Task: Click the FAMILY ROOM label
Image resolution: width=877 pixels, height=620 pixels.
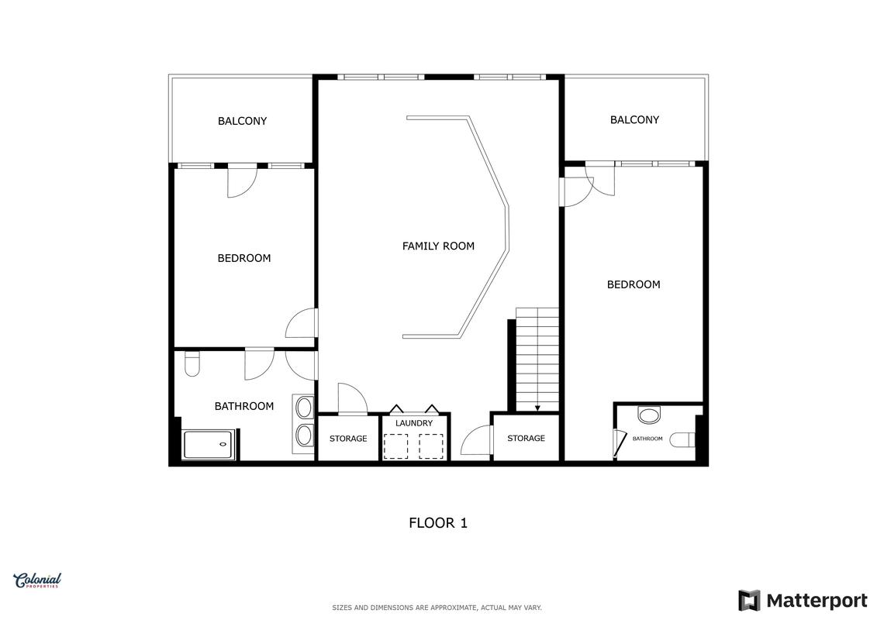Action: (x=438, y=246)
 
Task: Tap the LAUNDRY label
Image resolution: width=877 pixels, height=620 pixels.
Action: (x=414, y=423)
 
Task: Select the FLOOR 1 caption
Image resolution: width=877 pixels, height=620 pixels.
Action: (x=438, y=522)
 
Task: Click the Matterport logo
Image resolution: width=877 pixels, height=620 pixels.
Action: (x=803, y=601)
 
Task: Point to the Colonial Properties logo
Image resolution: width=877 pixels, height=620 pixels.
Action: (x=37, y=580)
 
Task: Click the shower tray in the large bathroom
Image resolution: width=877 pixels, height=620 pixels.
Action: (x=209, y=444)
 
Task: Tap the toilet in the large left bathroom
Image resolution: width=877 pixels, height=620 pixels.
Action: (x=192, y=363)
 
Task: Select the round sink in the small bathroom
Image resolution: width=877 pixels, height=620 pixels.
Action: (x=649, y=415)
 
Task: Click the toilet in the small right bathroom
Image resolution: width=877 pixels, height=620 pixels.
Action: (x=682, y=440)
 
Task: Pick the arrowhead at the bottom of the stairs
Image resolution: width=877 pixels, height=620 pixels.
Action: (x=537, y=408)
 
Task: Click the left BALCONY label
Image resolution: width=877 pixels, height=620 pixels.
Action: (x=242, y=121)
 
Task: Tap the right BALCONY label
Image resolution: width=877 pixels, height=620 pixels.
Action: (x=634, y=119)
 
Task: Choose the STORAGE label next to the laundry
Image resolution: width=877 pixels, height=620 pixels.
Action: (x=348, y=439)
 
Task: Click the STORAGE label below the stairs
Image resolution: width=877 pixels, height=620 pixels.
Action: (x=526, y=439)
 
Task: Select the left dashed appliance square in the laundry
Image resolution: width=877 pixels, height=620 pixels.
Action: (x=396, y=446)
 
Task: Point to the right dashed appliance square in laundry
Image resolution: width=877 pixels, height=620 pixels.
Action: (x=431, y=446)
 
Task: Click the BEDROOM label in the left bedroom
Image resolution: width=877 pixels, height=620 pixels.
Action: (x=243, y=258)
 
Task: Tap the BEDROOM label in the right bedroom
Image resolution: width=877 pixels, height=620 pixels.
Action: (x=634, y=284)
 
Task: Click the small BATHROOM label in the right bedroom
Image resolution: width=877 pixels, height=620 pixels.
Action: (x=647, y=439)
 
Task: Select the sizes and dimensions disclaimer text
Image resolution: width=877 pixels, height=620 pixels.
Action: (x=437, y=608)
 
